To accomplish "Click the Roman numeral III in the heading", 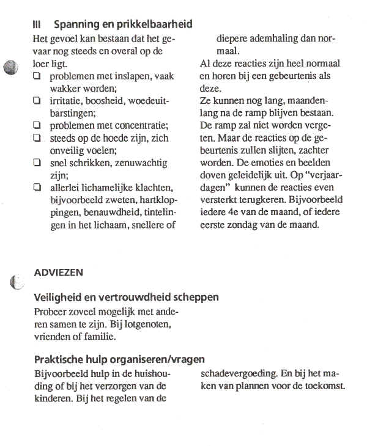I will pyautogui.click(x=37, y=25).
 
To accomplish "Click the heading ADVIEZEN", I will pyautogui.click(x=59, y=271).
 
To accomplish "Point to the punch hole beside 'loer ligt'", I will pyautogui.click(x=11, y=67).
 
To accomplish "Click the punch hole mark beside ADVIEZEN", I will pyautogui.click(x=17, y=282).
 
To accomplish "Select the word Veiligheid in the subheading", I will pyautogui.click(x=58, y=298).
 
